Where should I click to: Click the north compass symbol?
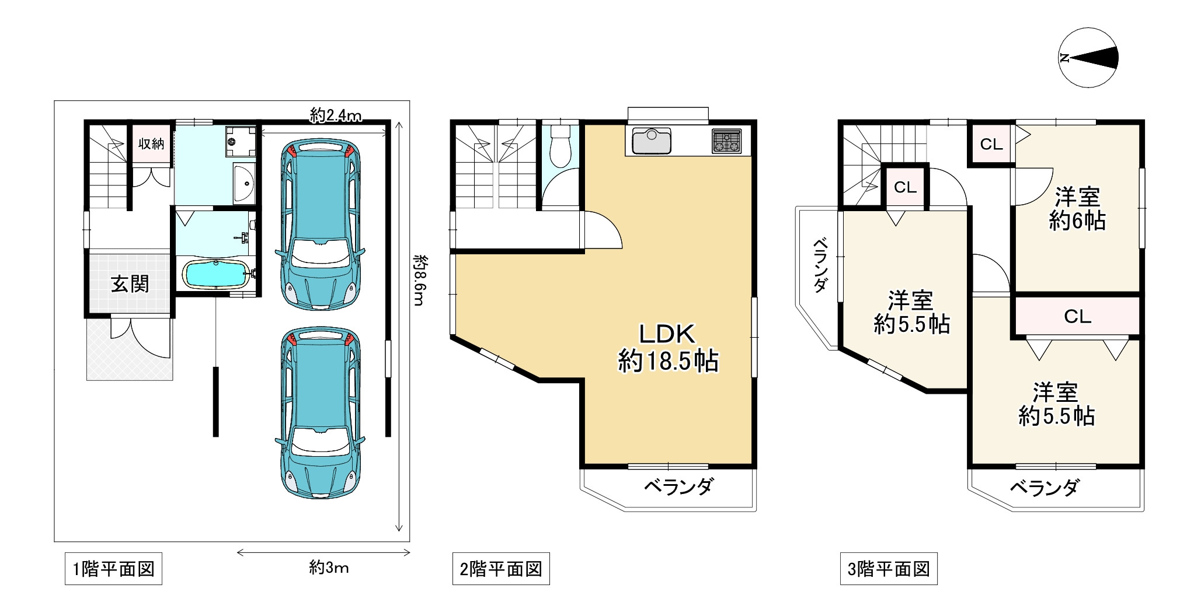pyautogui.click(x=1088, y=58)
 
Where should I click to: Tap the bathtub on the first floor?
pyautogui.click(x=215, y=274)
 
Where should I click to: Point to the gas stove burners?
pyautogui.click(x=726, y=141)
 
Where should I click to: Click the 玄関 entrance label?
pyautogui.click(x=130, y=284)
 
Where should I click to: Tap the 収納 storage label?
pyautogui.click(x=151, y=144)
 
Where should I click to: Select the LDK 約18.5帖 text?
pyautogui.click(x=668, y=348)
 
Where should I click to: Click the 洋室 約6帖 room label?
pyautogui.click(x=1077, y=209)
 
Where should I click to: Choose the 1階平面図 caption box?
pyautogui.click(x=113, y=569)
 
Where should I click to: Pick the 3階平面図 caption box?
pyautogui.click(x=888, y=569)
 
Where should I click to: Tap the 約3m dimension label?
pyautogui.click(x=329, y=567)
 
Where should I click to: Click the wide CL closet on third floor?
pyautogui.click(x=1077, y=316)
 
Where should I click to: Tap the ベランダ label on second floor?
pyautogui.click(x=678, y=486)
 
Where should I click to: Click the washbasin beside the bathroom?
pyautogui.click(x=243, y=184)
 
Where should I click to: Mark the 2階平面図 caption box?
pyautogui.click(x=501, y=569)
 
